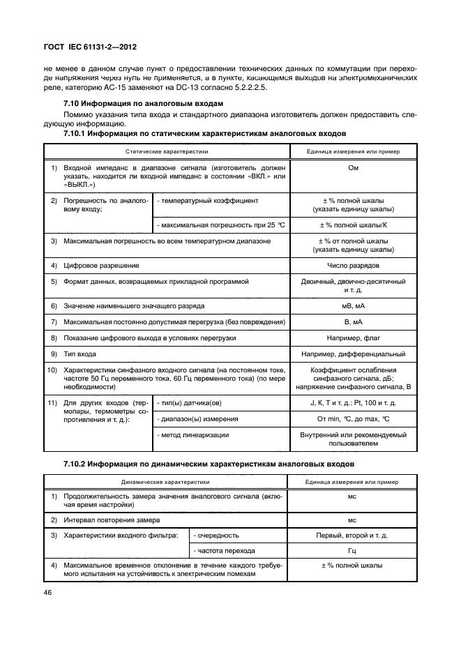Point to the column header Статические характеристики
coord(166,151)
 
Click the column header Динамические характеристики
coord(166,481)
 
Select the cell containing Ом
coord(354,168)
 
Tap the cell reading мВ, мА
coord(354,305)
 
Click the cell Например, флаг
coord(354,338)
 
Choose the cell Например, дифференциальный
coord(354,354)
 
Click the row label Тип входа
coord(81,354)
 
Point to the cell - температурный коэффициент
coord(199,200)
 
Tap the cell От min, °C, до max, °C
coord(354,418)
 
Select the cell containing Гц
coord(354,550)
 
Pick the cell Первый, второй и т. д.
coord(354,535)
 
